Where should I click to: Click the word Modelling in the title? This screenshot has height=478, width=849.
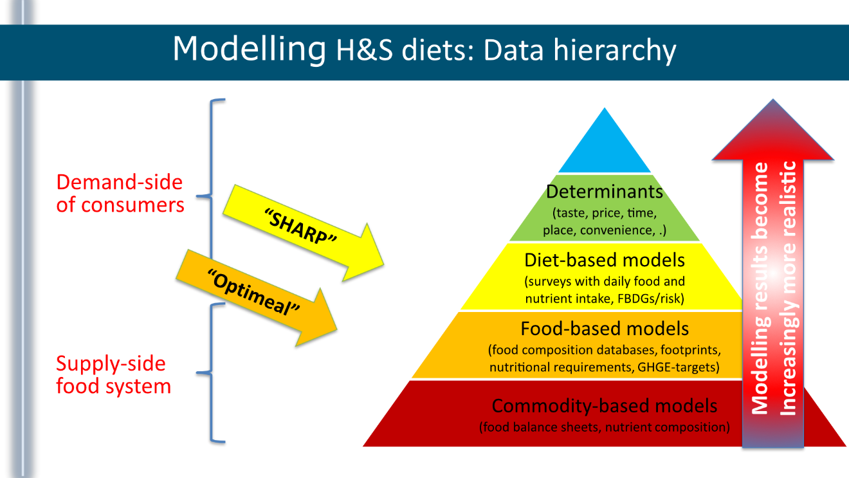pos(248,48)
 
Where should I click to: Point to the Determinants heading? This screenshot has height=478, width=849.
pos(604,191)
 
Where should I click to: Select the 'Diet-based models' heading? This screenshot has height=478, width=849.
pos(604,260)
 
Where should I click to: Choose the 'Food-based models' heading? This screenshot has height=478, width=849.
pos(604,329)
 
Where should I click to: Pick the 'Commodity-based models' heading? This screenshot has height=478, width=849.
pos(604,406)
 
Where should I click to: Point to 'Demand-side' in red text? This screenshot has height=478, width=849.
pos(119,183)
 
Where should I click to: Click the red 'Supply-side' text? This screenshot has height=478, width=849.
pos(111,364)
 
